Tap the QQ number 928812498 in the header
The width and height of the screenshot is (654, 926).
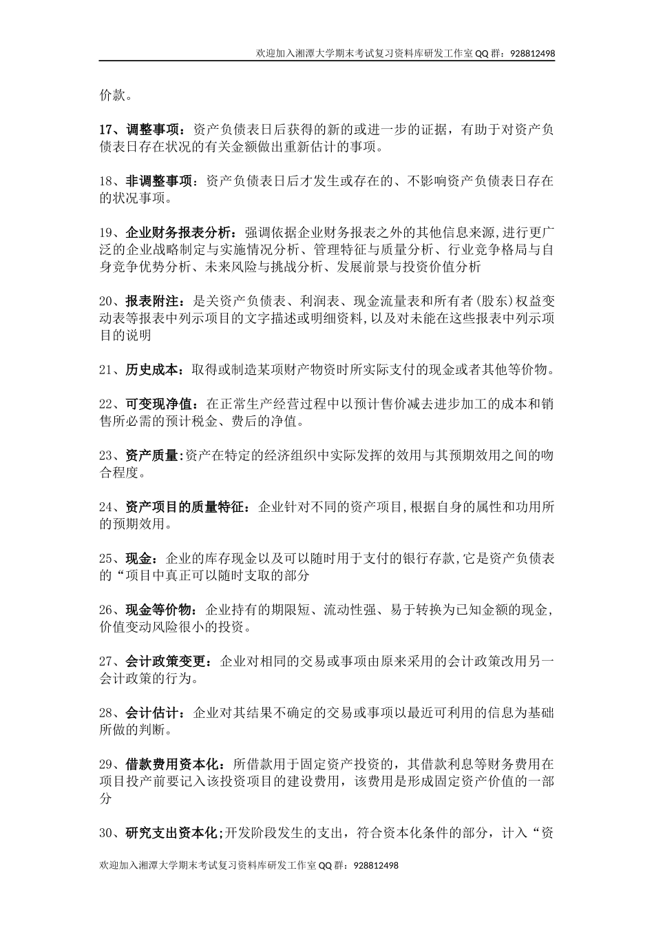click(x=533, y=52)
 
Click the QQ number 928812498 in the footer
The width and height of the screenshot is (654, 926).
click(x=375, y=865)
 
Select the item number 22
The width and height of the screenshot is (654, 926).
click(x=107, y=403)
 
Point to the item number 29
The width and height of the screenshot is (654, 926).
click(x=107, y=763)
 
